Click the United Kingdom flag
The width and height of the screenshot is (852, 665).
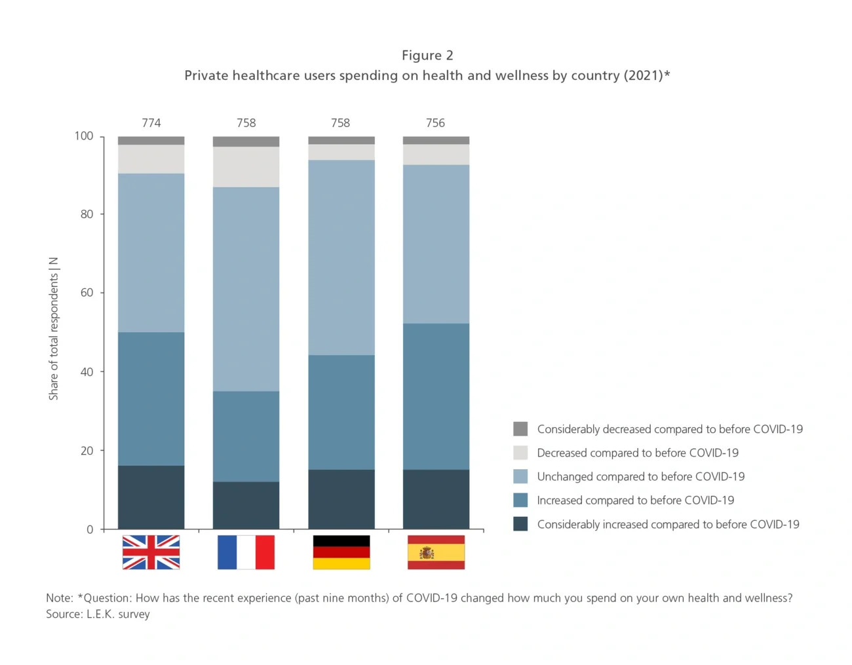point(151,552)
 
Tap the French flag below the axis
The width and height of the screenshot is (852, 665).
point(246,552)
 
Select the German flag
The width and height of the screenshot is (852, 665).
point(341,552)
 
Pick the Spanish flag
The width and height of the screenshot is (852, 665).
point(436,552)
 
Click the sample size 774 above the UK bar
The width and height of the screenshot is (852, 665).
point(151,123)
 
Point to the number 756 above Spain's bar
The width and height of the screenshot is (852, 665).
point(435,123)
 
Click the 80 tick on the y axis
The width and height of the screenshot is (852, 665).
point(87,214)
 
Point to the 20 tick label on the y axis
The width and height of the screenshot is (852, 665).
point(87,451)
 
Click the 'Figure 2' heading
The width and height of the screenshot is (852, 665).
point(427,55)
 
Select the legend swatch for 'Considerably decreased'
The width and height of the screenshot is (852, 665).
point(520,429)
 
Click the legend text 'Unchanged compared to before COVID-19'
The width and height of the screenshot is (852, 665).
point(640,476)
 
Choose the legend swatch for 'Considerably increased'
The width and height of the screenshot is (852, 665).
point(520,524)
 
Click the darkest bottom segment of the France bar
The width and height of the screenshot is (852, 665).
point(246,505)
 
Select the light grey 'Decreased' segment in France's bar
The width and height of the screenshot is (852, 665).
point(246,167)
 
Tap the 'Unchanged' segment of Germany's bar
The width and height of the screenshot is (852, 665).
point(341,257)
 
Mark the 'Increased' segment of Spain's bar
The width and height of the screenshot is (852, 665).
point(436,396)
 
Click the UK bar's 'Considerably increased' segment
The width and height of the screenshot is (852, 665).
point(151,497)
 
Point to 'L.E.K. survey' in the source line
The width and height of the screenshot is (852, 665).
point(118,614)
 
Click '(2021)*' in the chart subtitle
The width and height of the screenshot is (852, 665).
point(646,75)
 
